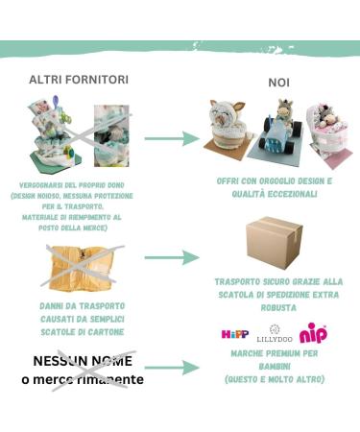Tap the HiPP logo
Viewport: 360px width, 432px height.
click(x=235, y=334)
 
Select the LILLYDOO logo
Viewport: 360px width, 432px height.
click(x=275, y=336)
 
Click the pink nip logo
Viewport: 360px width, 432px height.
click(x=313, y=333)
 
